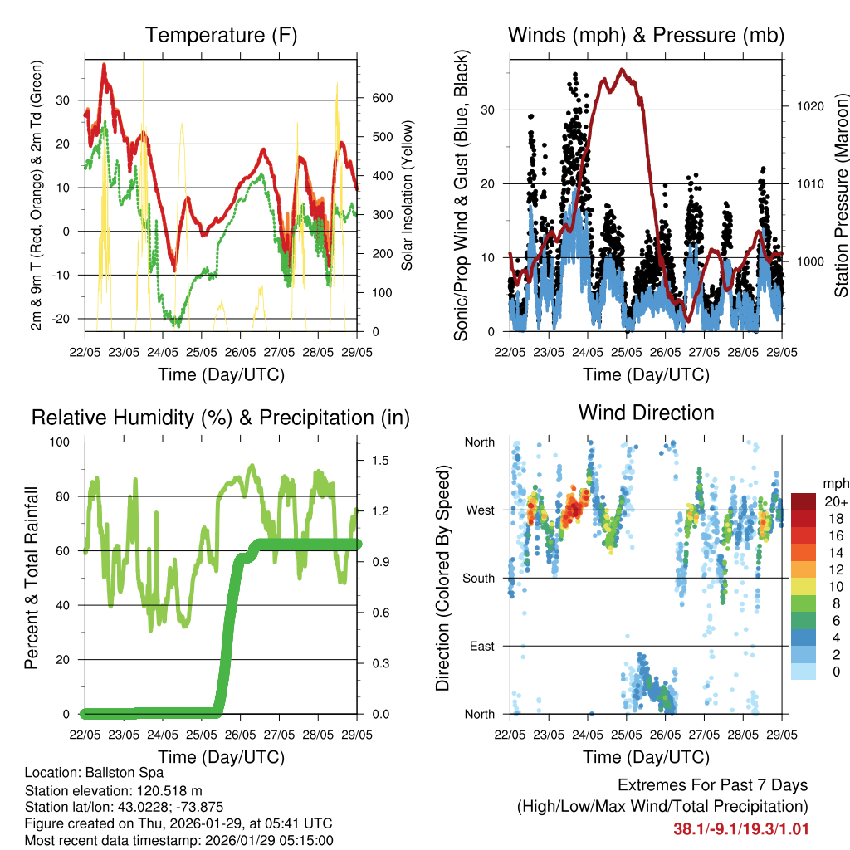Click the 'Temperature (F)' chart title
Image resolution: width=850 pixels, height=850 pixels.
[221, 36]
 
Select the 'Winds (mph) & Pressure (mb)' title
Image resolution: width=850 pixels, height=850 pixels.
[646, 36]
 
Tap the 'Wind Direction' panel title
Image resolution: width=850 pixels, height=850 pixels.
[646, 413]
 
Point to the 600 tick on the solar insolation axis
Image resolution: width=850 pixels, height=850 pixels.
[381, 98]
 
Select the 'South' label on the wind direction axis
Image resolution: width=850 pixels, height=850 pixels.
[478, 578]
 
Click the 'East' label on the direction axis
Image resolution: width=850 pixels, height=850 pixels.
[483, 646]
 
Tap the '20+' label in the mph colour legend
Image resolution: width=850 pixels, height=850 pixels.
[835, 501]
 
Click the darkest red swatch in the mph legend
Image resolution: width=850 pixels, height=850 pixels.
[803, 501]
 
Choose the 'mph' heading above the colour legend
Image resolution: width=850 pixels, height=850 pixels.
[834, 483]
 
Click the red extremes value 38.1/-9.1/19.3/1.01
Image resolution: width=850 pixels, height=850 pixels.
[740, 828]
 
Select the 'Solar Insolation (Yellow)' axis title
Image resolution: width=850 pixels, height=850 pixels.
[408, 197]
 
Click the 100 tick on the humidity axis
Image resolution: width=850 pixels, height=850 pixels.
[61, 442]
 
